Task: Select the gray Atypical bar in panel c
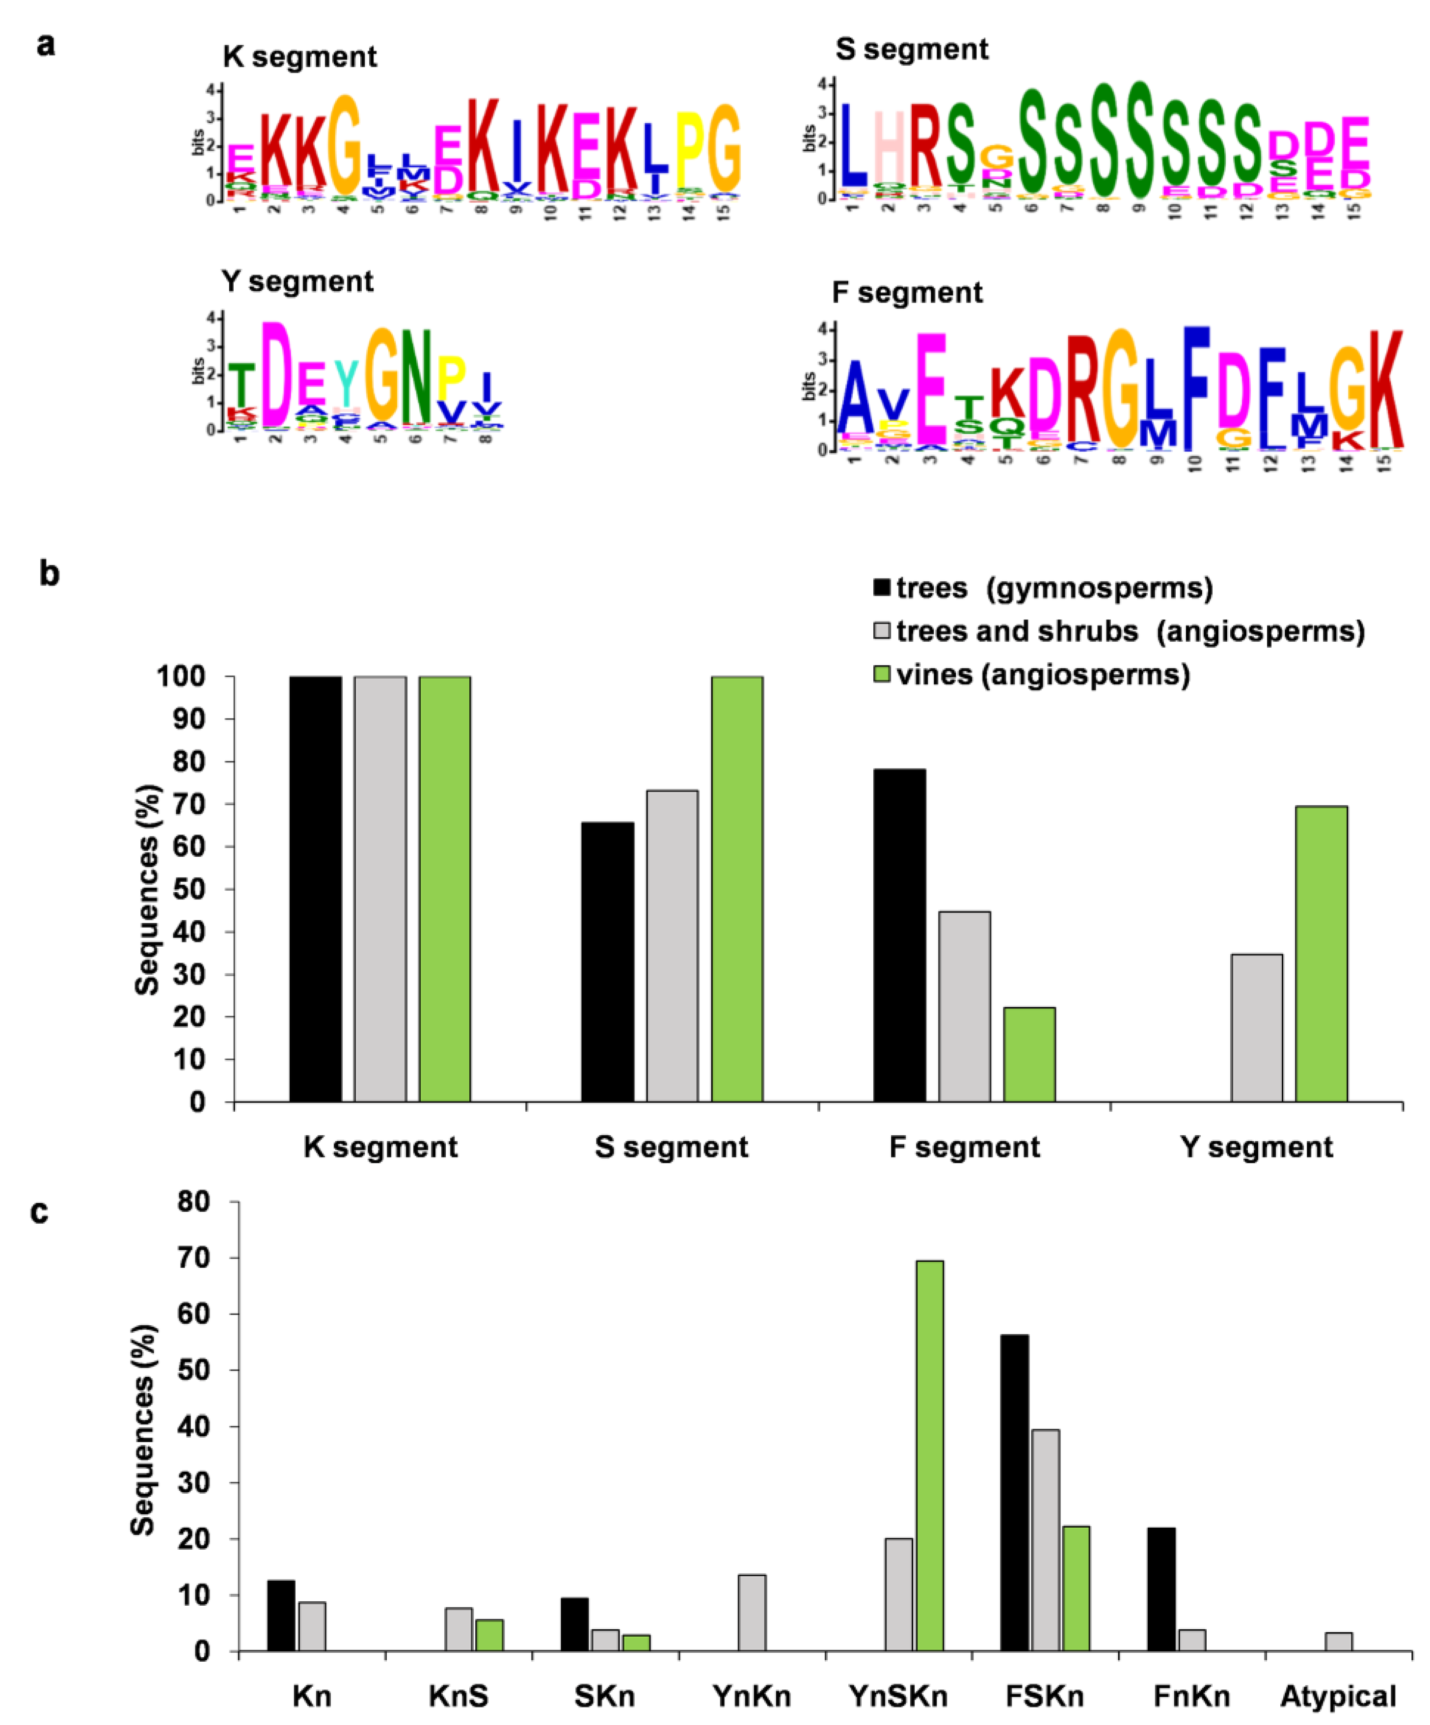point(1338,1641)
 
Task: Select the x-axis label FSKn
point(1044,1696)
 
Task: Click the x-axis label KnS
point(459,1696)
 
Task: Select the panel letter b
point(49,574)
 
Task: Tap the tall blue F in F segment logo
point(1196,388)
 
